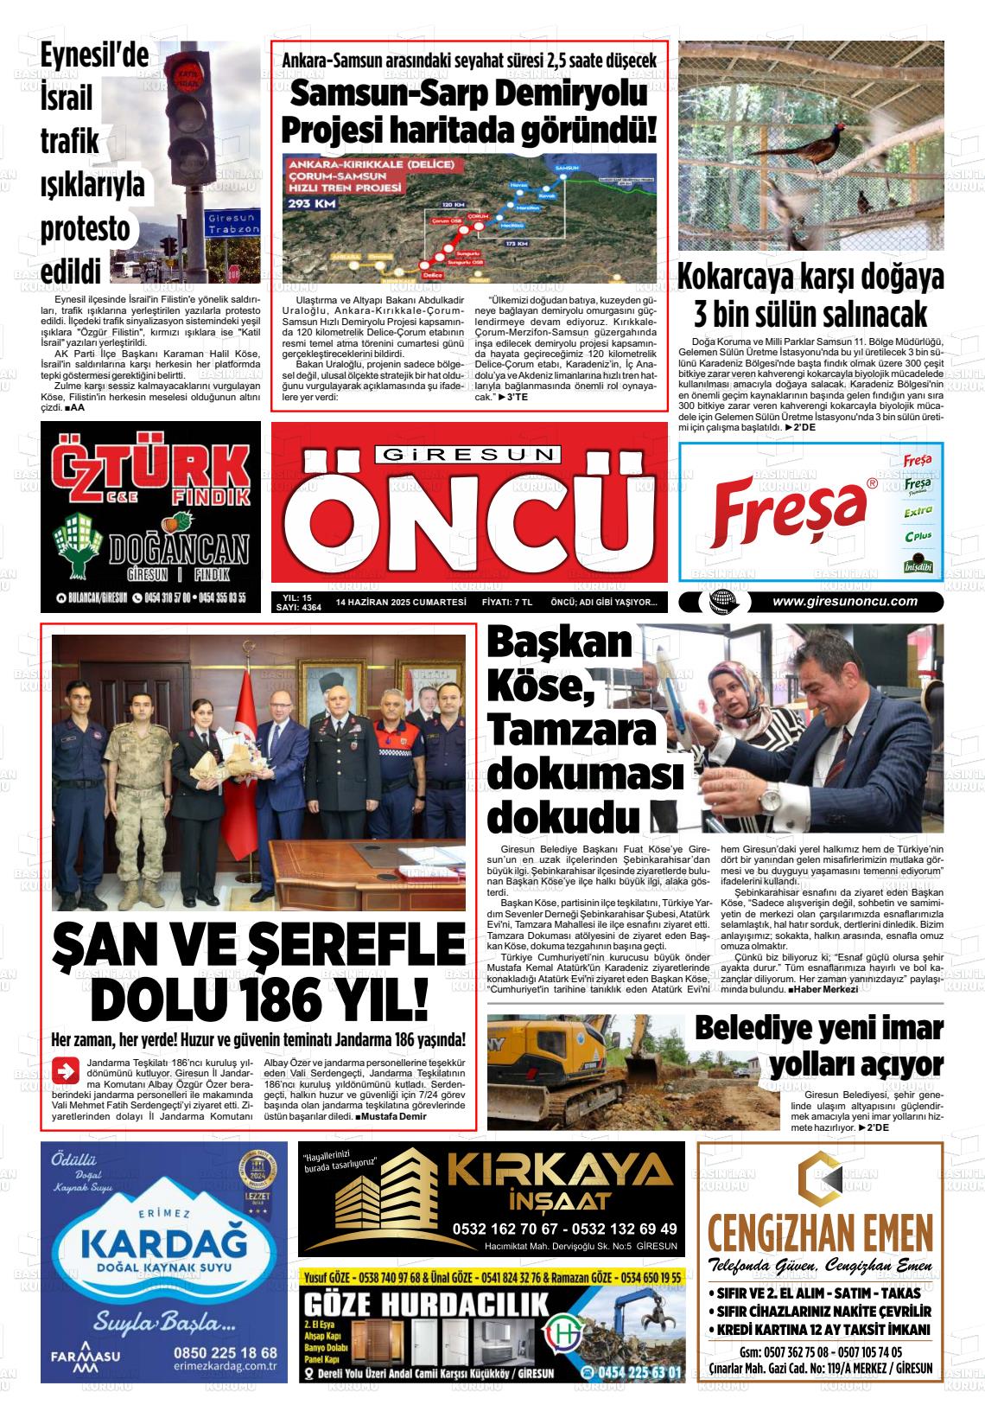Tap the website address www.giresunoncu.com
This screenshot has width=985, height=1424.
844,602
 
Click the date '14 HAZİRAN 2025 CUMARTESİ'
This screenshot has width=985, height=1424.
401,602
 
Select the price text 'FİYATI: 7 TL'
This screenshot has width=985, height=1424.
506,602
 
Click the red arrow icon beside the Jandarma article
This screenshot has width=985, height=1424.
65,1070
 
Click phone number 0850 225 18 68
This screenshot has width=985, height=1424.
225,1352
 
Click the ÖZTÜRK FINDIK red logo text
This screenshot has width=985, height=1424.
151,470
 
